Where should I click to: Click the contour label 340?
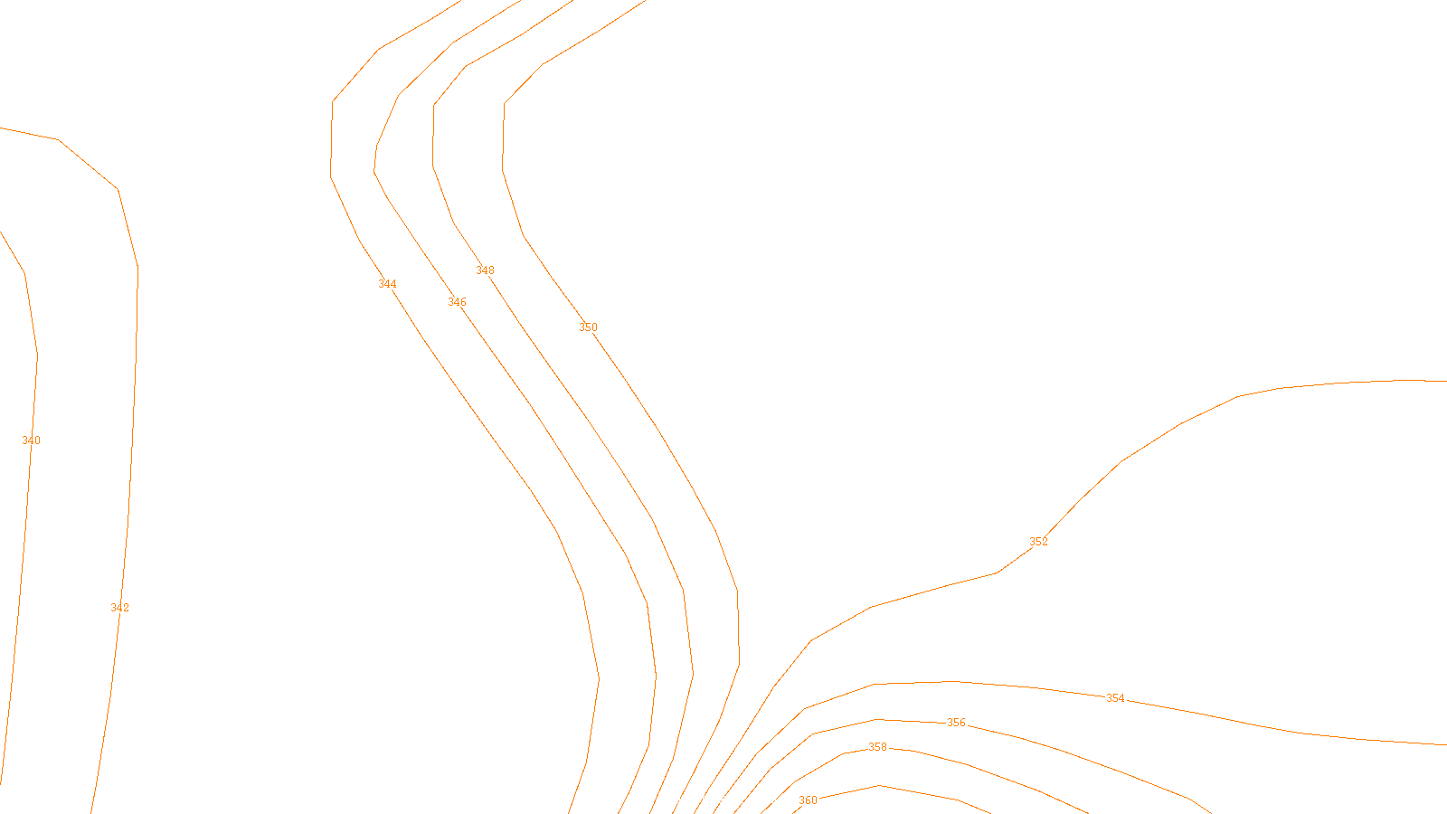31,440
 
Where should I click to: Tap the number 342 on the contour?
119,608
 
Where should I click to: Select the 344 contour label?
387,284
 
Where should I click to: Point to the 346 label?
457,302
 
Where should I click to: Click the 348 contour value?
485,270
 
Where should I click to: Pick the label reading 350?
588,327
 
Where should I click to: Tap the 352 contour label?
1038,542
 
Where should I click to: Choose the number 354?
1115,698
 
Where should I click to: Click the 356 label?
956,723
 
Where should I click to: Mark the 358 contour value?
877,747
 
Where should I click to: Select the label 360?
808,800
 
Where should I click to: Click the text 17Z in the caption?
686,800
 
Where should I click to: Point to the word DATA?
764,800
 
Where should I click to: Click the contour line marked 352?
1180,423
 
